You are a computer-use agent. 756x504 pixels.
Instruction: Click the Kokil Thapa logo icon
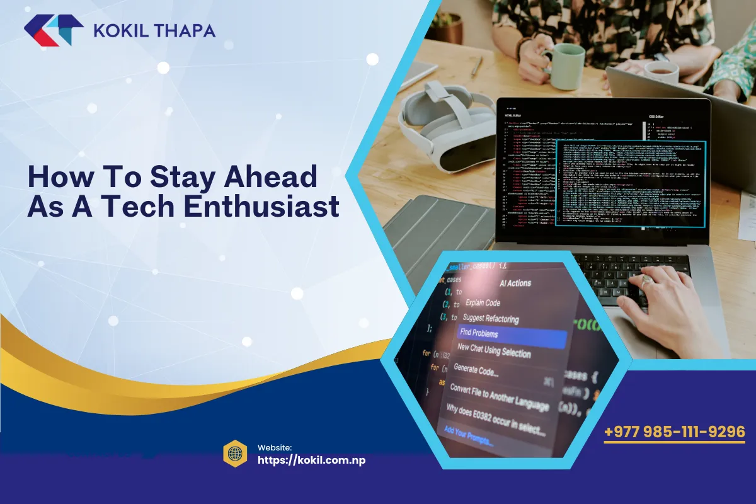click(x=54, y=30)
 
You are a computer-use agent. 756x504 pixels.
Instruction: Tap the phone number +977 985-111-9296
click(x=675, y=432)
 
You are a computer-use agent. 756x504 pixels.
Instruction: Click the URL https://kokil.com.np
click(x=311, y=460)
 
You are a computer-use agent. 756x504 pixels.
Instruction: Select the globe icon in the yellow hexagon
click(x=235, y=454)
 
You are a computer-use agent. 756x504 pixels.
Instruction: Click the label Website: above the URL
click(x=274, y=447)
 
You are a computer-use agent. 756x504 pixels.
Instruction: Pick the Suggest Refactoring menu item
click(x=491, y=318)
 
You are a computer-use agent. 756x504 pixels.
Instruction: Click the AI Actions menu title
click(x=515, y=283)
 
